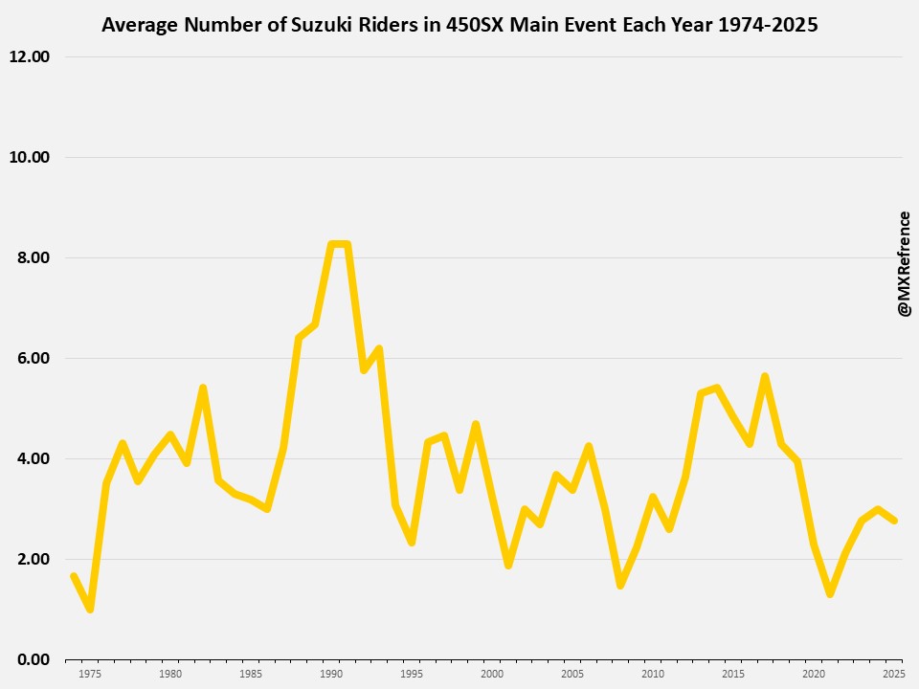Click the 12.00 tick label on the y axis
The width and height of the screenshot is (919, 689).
pyautogui.click(x=29, y=56)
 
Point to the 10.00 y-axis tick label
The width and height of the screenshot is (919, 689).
pyautogui.click(x=29, y=157)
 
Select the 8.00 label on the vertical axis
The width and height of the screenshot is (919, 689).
pyautogui.click(x=33, y=257)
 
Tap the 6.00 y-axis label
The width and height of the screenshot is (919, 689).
pyautogui.click(x=33, y=358)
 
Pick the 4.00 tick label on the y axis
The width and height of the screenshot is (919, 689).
pyautogui.click(x=33, y=458)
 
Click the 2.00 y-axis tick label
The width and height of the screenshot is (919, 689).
pyautogui.click(x=33, y=559)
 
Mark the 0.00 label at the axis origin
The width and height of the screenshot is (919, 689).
pyautogui.click(x=33, y=659)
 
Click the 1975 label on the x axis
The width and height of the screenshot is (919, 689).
pyautogui.click(x=90, y=674)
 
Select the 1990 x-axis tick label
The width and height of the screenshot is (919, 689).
pyautogui.click(x=331, y=674)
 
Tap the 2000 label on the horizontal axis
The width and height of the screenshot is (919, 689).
pyautogui.click(x=492, y=674)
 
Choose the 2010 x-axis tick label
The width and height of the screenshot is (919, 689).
pyautogui.click(x=653, y=674)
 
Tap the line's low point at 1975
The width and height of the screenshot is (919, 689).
pyautogui.click(x=90, y=609)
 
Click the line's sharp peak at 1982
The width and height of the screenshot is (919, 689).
pyautogui.click(x=203, y=388)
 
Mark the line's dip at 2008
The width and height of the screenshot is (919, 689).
pyautogui.click(x=620, y=585)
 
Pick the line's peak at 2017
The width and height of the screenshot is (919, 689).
pyautogui.click(x=765, y=376)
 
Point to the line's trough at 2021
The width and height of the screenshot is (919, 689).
pyautogui.click(x=830, y=593)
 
